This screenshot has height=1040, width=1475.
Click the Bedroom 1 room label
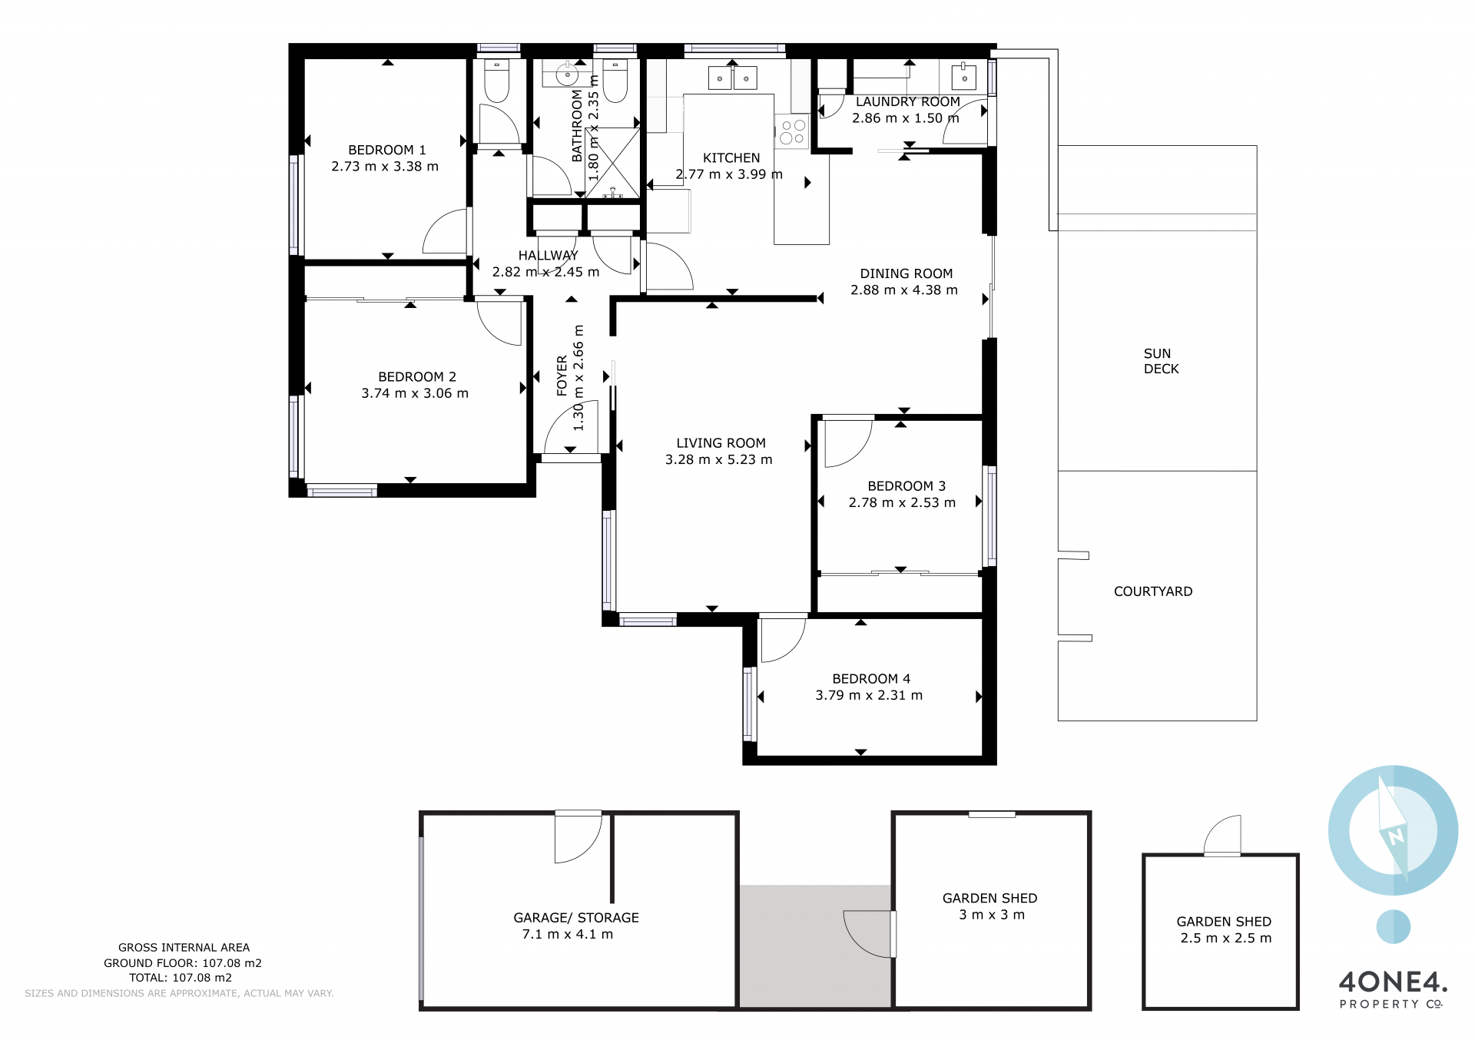point(386,150)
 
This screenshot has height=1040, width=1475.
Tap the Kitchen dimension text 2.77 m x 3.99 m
point(729,174)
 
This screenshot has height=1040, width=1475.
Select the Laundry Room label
point(907,101)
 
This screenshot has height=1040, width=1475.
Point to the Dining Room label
point(906,273)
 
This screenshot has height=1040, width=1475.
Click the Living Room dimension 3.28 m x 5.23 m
point(718,459)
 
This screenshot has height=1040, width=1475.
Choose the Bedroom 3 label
point(907,486)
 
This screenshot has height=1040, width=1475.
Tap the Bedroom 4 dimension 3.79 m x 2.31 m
point(869,695)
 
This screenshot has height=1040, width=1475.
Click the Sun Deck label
point(1161,361)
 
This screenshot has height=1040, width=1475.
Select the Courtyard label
point(1153,591)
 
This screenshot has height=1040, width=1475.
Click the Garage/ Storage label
point(576,918)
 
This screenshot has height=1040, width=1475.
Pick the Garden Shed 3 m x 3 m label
point(990,906)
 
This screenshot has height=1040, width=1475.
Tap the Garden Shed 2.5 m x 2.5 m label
point(1225,929)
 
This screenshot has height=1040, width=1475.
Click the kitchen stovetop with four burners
point(792,131)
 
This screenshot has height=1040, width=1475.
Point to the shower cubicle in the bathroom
point(612,162)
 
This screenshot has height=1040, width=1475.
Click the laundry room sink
point(963,77)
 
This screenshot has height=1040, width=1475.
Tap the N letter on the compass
point(1396,836)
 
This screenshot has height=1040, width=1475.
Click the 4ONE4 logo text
point(1393,982)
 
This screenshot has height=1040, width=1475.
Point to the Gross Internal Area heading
point(184,948)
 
